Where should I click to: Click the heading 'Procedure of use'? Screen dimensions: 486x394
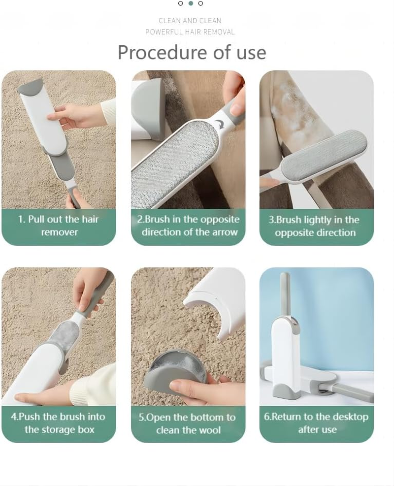coord(192,52)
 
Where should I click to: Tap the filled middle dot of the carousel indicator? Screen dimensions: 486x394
coord(191,3)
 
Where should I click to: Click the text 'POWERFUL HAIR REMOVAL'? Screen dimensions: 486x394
coord(190,32)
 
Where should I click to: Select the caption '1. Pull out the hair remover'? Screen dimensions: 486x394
coord(59,226)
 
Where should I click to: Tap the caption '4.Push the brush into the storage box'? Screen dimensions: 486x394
coord(59,423)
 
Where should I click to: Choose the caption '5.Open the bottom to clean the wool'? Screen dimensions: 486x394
coord(188,423)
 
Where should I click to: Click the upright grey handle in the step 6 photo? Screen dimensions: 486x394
coord(284,295)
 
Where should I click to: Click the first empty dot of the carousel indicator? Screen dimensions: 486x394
coord(181,3)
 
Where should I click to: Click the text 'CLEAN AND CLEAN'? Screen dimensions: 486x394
coord(190,21)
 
